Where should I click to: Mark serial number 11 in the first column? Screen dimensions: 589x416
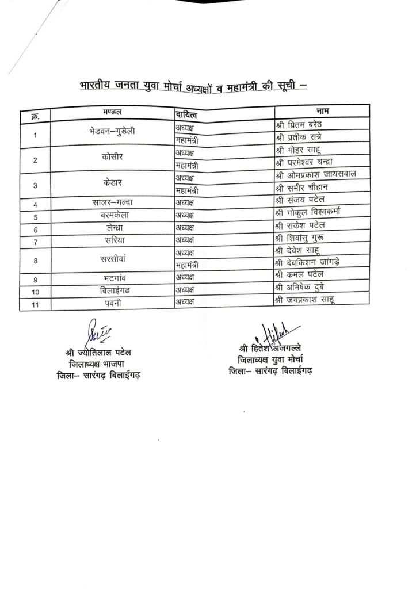click(36, 304)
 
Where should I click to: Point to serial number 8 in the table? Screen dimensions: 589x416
click(36, 261)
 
